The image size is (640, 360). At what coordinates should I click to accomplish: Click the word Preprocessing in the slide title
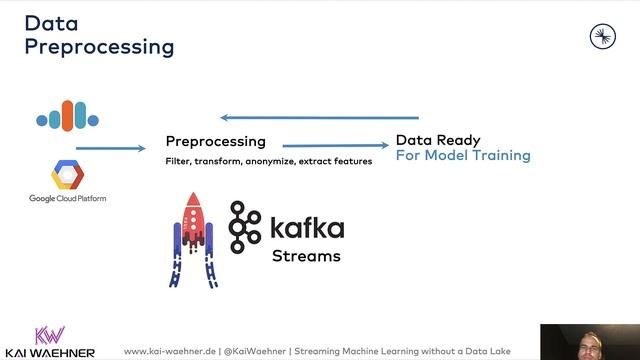(x=99, y=47)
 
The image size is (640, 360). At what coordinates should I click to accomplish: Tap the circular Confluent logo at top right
(x=602, y=37)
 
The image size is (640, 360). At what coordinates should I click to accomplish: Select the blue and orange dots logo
(x=68, y=116)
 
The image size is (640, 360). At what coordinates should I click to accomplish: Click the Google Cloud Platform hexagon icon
(x=67, y=175)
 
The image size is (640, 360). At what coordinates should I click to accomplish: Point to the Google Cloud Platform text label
(x=67, y=199)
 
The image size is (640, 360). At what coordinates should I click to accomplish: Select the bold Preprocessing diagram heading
(x=215, y=141)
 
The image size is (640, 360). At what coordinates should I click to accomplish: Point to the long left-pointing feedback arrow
(x=320, y=117)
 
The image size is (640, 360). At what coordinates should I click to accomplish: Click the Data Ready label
(x=438, y=140)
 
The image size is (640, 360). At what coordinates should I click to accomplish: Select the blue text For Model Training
(x=463, y=156)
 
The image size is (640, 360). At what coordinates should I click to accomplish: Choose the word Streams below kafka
(x=306, y=256)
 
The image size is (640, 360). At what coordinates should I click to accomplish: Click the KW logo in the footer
(x=50, y=336)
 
